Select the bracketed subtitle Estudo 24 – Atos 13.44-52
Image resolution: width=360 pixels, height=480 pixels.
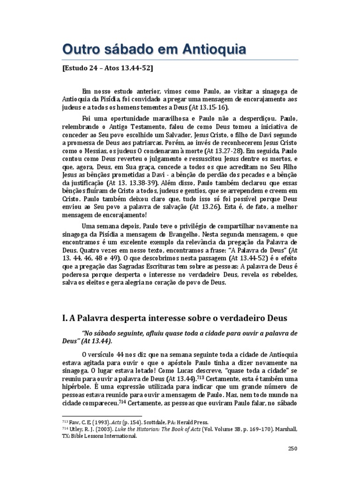pyautogui.click(x=107, y=68)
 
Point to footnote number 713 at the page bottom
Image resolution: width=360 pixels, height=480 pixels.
pyautogui.click(x=66, y=421)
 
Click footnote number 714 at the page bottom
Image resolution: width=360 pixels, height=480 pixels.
pyautogui.click(x=66, y=429)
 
